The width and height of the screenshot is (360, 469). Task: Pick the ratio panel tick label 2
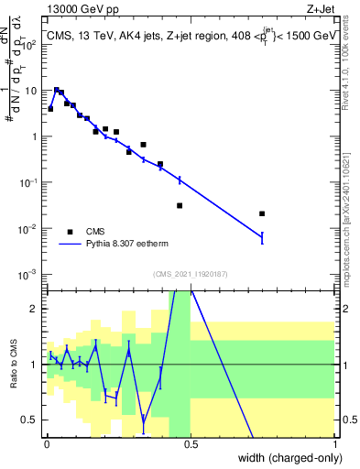35,309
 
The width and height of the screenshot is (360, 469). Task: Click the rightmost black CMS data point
263,213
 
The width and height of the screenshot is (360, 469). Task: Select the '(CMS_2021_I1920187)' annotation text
191,274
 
